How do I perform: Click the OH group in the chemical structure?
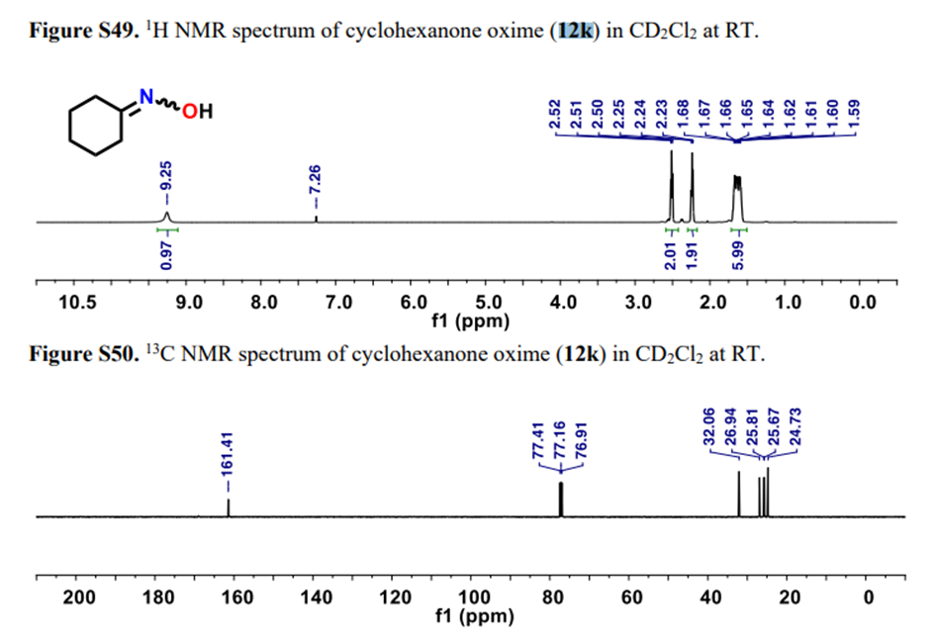click(197, 109)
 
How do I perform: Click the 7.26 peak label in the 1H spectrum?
click(315, 180)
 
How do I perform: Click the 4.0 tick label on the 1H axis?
click(562, 303)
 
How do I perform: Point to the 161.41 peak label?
click(229, 461)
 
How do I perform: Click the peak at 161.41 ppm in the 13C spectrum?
click(229, 506)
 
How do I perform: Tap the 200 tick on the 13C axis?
click(79, 597)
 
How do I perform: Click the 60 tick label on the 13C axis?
click(631, 597)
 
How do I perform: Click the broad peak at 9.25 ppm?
click(166, 216)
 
